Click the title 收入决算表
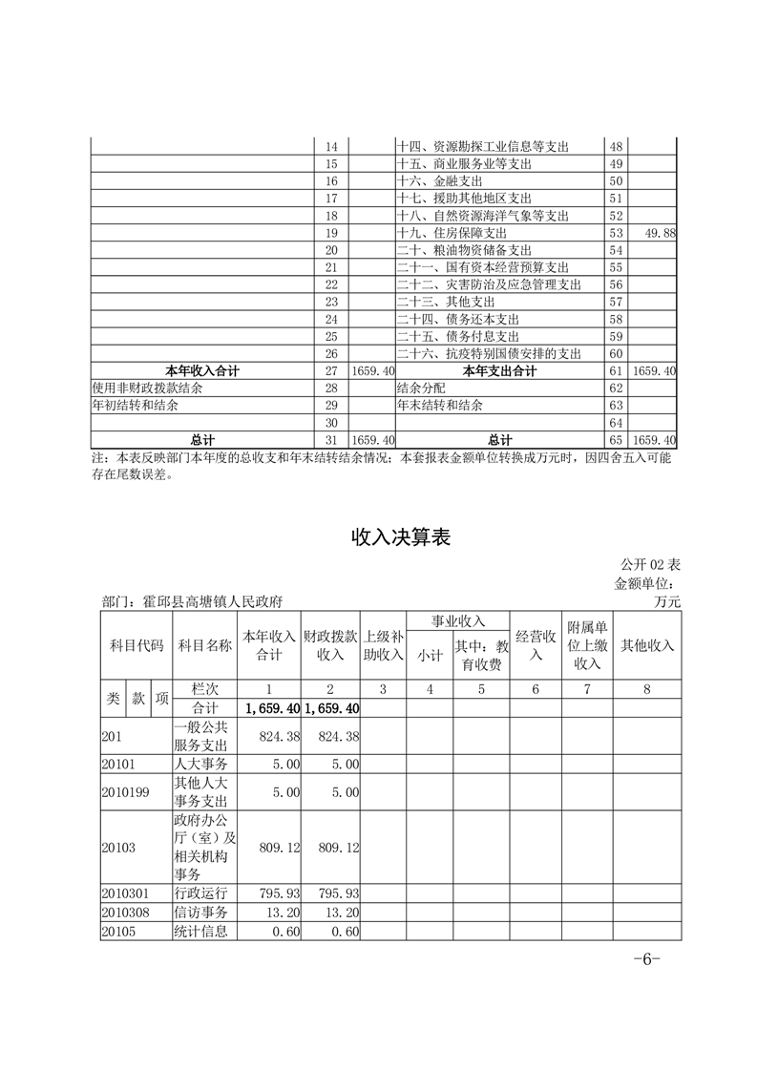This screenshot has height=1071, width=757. [400, 538]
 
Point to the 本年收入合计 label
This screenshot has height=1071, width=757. [202, 370]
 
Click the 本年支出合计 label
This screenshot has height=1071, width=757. [498, 370]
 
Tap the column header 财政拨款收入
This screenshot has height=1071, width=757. [330, 645]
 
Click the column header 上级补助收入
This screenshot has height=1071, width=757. [384, 645]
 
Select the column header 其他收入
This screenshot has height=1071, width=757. [647, 645]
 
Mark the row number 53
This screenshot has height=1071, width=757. [616, 233]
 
